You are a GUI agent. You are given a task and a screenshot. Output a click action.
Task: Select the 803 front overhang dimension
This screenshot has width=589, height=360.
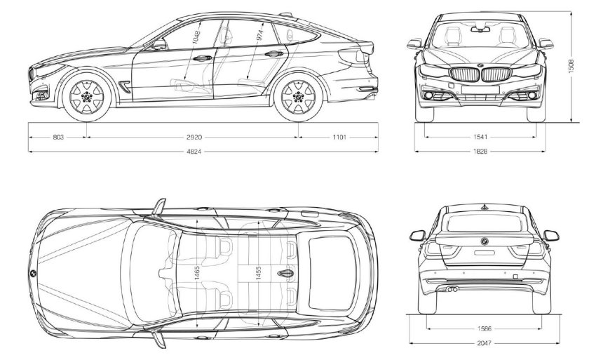coord(58,138)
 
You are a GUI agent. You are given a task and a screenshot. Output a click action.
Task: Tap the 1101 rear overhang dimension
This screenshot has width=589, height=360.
coord(339,138)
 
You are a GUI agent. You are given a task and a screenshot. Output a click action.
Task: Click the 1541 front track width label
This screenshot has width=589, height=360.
coord(480,138)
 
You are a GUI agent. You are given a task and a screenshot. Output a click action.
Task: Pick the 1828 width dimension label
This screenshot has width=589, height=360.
coord(480,152)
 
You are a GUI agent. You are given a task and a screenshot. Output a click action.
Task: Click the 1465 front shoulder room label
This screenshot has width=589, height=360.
coord(199,272)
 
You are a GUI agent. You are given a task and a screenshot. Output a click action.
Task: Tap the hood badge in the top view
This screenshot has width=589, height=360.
coord(33,271)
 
